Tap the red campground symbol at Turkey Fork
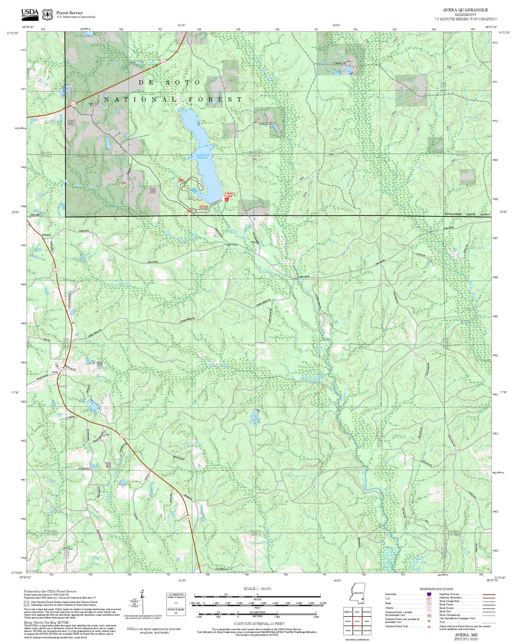[227, 200]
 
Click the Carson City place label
[340, 63]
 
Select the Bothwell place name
[47, 235]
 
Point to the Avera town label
[55, 372]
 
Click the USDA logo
[30, 13]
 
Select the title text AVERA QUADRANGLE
[465, 10]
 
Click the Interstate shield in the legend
[429, 594]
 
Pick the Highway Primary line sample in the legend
[488, 594]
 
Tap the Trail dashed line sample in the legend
[488, 623]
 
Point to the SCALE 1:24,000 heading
[257, 589]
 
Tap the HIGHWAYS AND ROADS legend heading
[436, 589]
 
